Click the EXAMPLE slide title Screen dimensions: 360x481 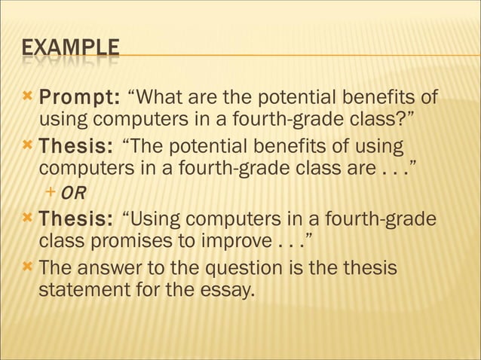click(x=70, y=49)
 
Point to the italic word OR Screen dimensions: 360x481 click(x=73, y=194)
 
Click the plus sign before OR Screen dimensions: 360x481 click(x=51, y=193)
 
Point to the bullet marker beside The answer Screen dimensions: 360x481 click(x=28, y=267)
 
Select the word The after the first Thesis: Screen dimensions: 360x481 click(x=148, y=145)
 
